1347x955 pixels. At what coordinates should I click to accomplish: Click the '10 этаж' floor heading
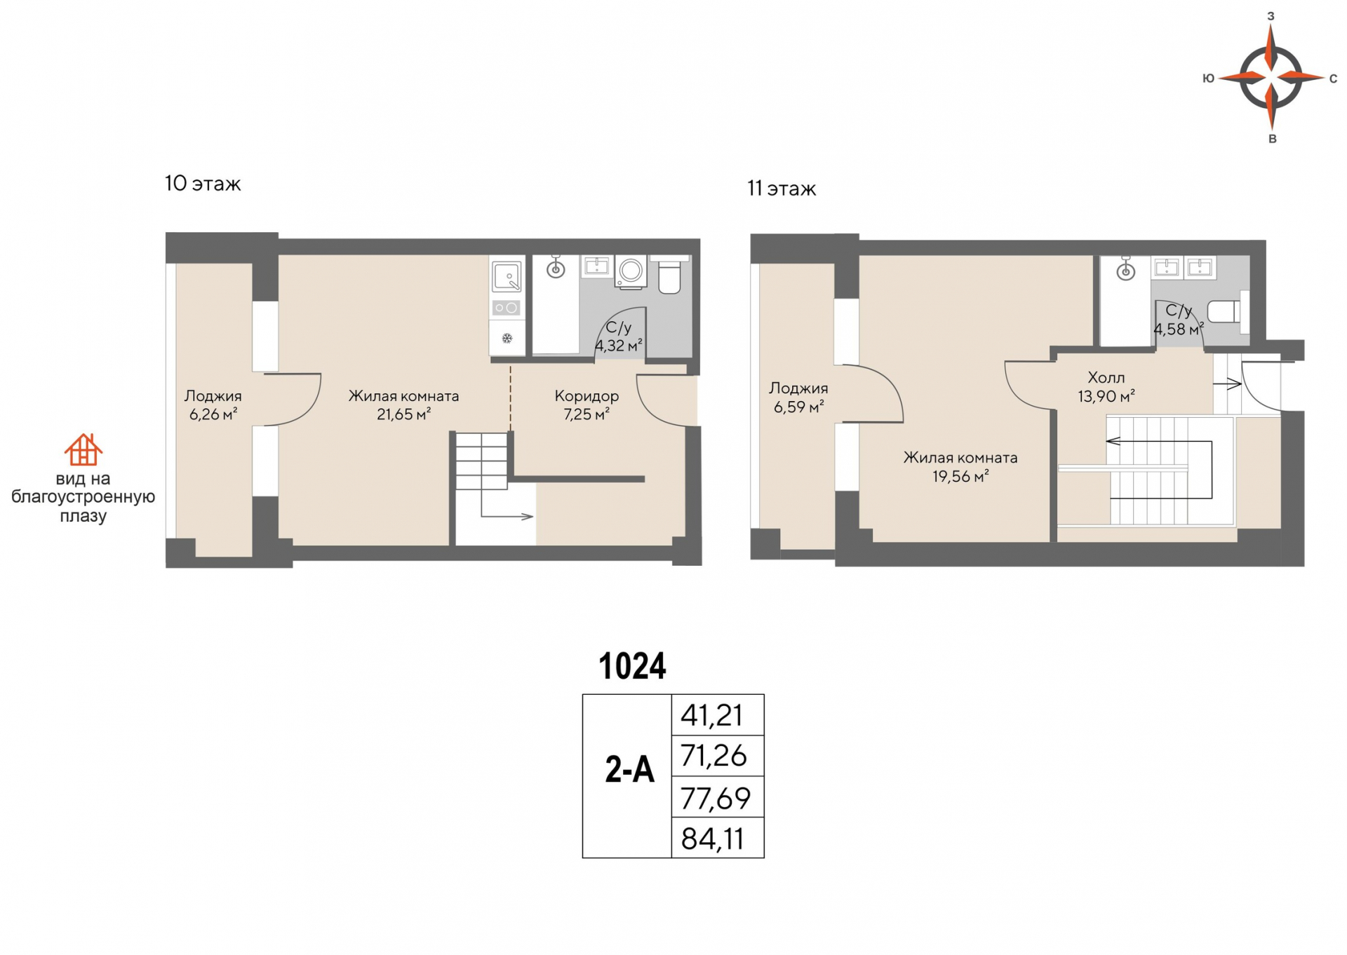coord(203,184)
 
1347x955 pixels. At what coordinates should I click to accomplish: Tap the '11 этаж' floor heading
coord(782,189)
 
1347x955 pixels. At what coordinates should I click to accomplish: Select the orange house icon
coord(83,449)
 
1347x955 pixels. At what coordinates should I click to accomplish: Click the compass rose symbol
coord(1271,76)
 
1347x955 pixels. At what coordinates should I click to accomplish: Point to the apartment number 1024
coord(632,666)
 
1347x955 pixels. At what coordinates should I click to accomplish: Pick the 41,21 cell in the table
coord(718,715)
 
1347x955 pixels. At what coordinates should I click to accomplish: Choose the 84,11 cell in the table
coord(718,838)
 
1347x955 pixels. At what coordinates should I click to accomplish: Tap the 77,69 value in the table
coord(716,798)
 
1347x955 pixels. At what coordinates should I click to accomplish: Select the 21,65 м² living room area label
coord(403,414)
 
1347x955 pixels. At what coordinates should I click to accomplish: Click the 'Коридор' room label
coord(587,396)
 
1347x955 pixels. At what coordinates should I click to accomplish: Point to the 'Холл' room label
coord(1106,378)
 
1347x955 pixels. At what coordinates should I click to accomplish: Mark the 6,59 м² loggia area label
coord(798,407)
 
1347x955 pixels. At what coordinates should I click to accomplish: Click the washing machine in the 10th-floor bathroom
coord(631,271)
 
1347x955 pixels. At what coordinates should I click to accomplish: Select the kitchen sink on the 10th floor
coord(507,276)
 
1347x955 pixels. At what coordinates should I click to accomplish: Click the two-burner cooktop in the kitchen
coord(507,307)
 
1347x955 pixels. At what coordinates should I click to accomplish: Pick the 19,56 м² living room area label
coord(960,477)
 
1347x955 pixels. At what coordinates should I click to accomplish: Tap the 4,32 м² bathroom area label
coord(619,346)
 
